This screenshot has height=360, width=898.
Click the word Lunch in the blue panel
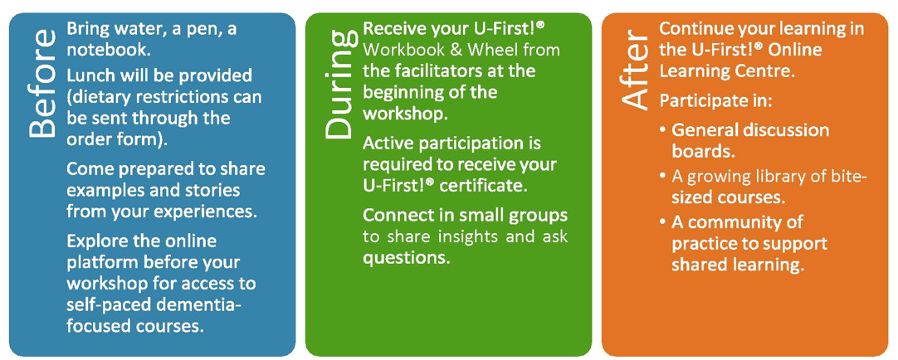click(91, 75)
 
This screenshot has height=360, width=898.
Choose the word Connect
click(393, 216)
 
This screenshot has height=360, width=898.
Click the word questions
click(405, 259)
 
